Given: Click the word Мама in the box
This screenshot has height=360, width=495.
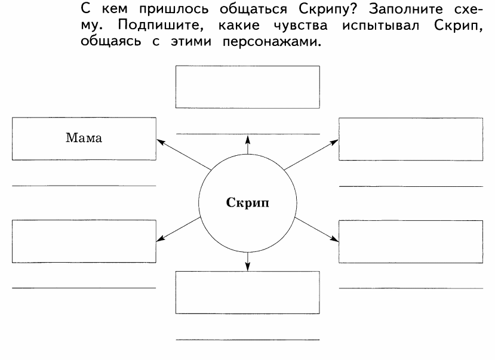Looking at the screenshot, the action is click(84, 138).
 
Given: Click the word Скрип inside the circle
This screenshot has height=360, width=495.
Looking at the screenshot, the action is click(247, 202).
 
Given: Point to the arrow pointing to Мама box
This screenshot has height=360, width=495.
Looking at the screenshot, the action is click(184, 155).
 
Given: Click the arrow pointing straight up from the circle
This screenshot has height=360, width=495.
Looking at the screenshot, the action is click(248, 145).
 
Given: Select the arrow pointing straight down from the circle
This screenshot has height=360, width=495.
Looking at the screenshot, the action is click(247, 261).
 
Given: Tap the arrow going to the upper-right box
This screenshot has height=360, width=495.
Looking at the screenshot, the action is click(311, 155).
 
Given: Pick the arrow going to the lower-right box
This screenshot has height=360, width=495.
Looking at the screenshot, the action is click(316, 230).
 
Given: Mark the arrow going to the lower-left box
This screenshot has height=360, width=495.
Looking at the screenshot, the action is click(179, 229).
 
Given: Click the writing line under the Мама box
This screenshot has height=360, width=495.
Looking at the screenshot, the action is click(84, 186).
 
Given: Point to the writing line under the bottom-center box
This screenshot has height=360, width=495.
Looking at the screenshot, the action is click(247, 340).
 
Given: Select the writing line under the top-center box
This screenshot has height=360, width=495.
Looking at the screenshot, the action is click(248, 134).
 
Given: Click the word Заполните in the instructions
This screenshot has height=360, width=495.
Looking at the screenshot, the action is click(405, 9).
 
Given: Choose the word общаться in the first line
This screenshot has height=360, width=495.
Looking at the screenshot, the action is click(253, 10).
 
